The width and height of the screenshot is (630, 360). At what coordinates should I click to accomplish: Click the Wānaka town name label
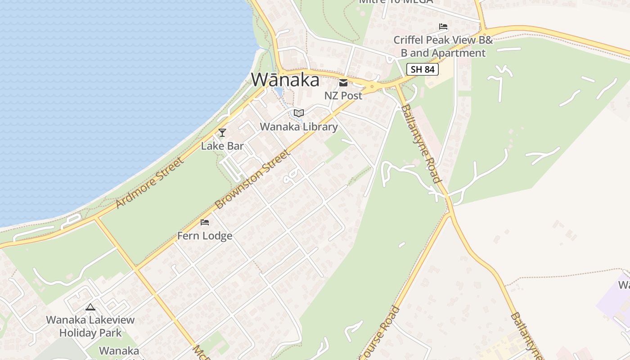tap(285, 80)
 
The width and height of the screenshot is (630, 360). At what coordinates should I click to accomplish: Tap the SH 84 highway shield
tap(422, 69)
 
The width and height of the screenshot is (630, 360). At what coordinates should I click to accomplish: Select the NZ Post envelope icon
tap(343, 82)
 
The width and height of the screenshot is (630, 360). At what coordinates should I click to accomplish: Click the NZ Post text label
tap(343, 95)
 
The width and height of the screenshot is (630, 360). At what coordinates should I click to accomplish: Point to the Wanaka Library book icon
tap(299, 113)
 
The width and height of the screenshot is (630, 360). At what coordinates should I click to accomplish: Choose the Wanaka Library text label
tap(299, 127)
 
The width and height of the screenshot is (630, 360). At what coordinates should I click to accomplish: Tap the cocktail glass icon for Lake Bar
tap(222, 132)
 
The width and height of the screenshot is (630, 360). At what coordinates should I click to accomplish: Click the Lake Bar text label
tap(222, 146)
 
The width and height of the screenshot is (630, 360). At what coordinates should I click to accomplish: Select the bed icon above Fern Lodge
tap(205, 222)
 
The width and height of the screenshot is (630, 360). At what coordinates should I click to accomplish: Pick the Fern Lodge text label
tap(205, 236)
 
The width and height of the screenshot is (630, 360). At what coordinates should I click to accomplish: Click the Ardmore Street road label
tap(150, 182)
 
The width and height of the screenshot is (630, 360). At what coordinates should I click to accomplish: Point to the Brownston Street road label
tap(252, 180)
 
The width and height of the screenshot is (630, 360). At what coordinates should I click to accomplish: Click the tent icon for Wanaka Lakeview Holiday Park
tap(90, 307)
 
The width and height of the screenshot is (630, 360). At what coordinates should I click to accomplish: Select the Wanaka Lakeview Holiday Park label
tap(90, 326)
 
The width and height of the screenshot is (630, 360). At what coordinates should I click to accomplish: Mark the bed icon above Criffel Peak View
tap(443, 27)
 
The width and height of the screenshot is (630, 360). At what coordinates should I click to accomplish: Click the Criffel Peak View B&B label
tap(443, 46)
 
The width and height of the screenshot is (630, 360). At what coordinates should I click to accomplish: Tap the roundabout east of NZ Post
tap(372, 85)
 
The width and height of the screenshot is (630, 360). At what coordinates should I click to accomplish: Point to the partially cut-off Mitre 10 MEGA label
tap(396, 2)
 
